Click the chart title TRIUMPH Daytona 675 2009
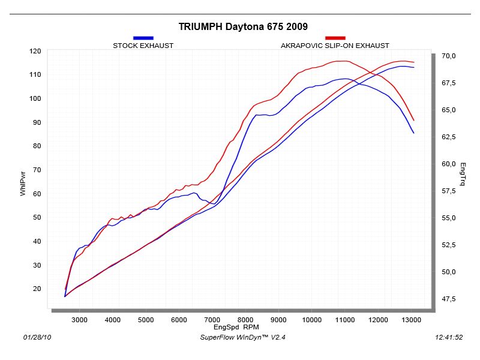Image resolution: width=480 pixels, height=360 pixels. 243,27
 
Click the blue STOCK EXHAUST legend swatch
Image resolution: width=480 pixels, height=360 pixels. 143,38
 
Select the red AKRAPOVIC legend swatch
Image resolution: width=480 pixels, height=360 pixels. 335,38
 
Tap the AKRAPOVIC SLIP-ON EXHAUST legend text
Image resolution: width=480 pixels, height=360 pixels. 335,46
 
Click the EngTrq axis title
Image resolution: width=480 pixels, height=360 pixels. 463,173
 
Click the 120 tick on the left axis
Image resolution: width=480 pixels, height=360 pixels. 35,51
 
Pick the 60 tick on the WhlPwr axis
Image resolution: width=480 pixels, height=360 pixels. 37,194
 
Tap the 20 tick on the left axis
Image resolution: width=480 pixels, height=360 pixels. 37,289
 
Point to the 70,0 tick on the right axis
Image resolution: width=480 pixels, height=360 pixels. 449,56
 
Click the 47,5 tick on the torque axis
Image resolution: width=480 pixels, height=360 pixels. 449,299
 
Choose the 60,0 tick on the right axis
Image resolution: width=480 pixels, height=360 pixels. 449,164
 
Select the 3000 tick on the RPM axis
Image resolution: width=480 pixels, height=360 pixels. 80,320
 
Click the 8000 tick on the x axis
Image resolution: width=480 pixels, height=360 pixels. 245,320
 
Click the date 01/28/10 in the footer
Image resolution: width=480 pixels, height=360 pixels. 37,338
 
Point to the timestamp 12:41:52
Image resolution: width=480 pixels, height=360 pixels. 448,338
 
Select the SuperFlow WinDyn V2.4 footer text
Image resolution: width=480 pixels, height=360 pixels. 243,338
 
